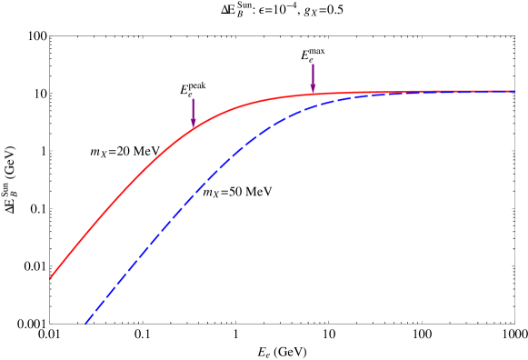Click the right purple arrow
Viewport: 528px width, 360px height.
tap(313, 78)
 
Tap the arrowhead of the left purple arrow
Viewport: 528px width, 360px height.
tap(193, 124)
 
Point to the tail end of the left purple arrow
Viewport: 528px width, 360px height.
tap(193, 98)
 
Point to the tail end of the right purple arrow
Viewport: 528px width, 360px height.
tap(313, 64)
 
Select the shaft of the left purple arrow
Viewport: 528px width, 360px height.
tap(193, 108)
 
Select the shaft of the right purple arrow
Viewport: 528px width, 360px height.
tap(313, 74)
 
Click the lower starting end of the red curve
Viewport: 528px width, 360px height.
tap(50, 278)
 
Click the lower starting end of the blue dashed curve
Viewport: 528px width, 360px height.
tap(85, 323)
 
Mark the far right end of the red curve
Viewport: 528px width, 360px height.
tap(515, 91)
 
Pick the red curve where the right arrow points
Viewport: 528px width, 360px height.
tap(313, 94)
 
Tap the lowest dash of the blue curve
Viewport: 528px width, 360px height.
tap(88, 319)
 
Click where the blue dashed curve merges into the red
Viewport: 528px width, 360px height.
tap(427, 92)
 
